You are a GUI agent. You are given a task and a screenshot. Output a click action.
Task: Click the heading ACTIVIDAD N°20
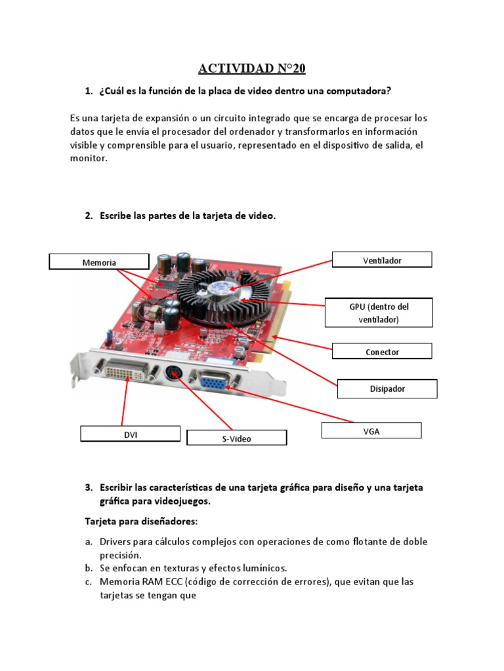click(x=252, y=68)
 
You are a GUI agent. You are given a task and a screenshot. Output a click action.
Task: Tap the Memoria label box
click(x=99, y=262)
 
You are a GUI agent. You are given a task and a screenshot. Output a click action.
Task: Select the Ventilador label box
click(x=382, y=259)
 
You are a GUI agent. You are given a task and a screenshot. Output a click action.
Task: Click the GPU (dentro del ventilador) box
click(x=379, y=313)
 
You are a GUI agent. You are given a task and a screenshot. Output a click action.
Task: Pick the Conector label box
click(x=382, y=351)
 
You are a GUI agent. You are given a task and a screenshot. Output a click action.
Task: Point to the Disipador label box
click(x=387, y=389)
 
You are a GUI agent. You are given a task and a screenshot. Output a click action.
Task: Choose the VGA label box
click(x=371, y=431)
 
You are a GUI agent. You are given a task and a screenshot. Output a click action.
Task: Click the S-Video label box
click(x=236, y=438)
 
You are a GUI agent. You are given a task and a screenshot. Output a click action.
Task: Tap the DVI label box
click(x=130, y=434)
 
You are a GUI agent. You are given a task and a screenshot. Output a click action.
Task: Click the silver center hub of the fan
click(x=223, y=287)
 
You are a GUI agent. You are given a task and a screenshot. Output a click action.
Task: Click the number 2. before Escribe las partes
click(x=89, y=216)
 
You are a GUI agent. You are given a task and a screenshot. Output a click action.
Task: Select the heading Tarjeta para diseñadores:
click(x=140, y=522)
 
